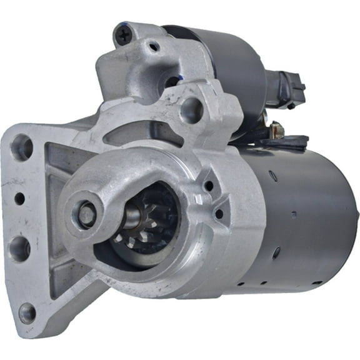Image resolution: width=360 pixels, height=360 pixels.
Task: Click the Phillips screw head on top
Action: [124, 35]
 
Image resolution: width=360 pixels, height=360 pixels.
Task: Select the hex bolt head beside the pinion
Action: [87, 216]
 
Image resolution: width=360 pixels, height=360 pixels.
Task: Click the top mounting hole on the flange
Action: [22, 147]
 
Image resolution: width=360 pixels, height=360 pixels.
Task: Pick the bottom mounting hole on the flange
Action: [26, 312]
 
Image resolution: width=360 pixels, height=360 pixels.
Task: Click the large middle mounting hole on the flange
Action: [19, 248]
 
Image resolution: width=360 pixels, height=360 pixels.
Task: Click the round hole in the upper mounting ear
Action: [191, 110]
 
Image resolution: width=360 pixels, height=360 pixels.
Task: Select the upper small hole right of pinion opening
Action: [207, 185]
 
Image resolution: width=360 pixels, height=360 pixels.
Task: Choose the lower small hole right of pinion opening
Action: [219, 214]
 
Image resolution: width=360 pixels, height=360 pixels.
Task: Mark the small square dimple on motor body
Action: [293, 214]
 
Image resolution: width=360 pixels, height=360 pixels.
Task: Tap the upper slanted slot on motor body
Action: [274, 176]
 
